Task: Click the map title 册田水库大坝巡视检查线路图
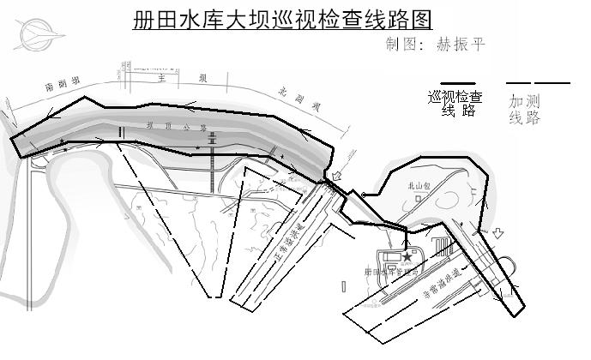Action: (282, 20)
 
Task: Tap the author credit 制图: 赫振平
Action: (436, 45)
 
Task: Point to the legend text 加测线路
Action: (525, 109)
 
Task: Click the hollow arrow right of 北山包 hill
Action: (498, 232)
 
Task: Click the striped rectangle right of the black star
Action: (441, 249)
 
